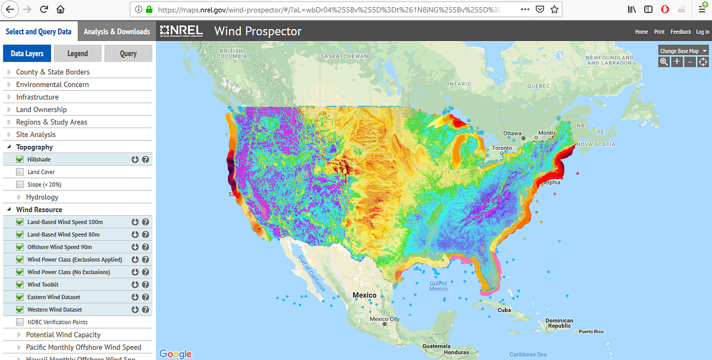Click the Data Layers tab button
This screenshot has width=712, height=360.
27,53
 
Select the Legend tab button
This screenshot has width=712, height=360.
77,53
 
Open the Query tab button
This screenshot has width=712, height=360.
128,53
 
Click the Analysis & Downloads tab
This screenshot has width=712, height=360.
117,31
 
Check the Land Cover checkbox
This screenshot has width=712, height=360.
20,172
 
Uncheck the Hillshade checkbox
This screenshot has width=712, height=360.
20,160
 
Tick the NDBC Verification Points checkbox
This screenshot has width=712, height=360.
20,322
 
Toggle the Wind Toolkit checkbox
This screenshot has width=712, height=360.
20,285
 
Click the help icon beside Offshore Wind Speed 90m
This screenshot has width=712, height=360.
145,247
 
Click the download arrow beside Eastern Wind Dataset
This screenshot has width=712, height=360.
135,297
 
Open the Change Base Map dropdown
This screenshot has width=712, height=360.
684,51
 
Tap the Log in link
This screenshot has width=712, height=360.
703,32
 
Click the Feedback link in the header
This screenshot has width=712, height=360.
681,32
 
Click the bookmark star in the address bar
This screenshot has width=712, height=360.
554,9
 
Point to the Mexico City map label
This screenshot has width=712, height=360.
385,319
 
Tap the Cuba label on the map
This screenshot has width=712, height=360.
504,310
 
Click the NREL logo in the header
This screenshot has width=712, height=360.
182,31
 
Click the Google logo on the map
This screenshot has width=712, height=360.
176,353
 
